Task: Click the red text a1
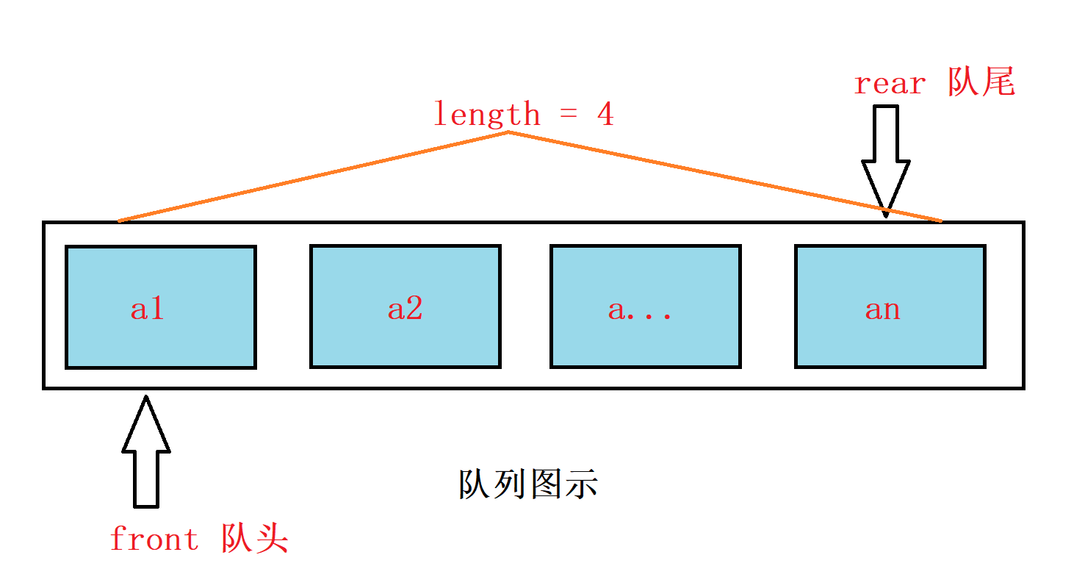point(148,309)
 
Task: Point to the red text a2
point(405,309)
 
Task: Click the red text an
point(882,309)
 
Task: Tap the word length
point(486,114)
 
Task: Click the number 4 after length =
point(605,115)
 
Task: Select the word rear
point(889,84)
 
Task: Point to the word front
point(154,540)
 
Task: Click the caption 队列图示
point(529,484)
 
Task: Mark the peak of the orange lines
point(508,132)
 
